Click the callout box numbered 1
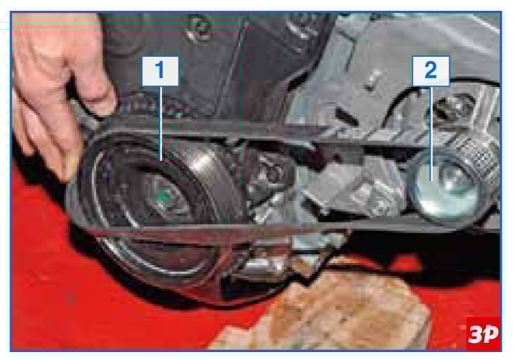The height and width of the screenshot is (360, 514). coord(160,71)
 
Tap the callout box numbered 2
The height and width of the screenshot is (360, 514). coord(431,71)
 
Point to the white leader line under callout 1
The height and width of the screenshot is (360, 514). coord(161,124)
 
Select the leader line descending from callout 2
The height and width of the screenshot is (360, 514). coord(431,134)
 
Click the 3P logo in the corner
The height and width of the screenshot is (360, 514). coord(483,334)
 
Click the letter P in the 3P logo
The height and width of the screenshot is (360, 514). coord(491,334)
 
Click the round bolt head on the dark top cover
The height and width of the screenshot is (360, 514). coord(199,27)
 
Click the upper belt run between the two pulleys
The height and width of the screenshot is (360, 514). coord(262,131)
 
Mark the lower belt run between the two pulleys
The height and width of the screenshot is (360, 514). coord(262,229)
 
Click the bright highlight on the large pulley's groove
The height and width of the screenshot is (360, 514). coord(203,164)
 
